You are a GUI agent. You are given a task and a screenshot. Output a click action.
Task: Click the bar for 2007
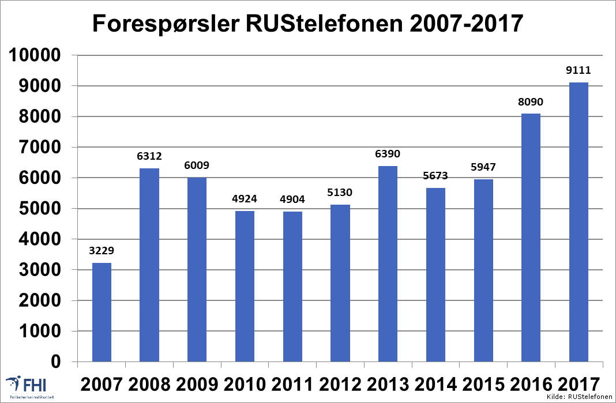click(102, 312)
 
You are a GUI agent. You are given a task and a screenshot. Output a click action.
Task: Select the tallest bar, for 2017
click(579, 222)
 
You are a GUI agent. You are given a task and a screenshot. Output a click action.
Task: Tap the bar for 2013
click(388, 264)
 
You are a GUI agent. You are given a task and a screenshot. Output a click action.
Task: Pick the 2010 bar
click(245, 287)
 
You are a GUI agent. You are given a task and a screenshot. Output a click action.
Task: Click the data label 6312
click(149, 157)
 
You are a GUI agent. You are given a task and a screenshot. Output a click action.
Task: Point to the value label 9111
click(579, 71)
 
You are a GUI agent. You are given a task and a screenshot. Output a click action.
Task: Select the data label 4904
click(292, 200)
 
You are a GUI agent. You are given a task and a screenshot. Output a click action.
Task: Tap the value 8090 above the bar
click(531, 102)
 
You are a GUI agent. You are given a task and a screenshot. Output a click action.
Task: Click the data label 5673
click(435, 176)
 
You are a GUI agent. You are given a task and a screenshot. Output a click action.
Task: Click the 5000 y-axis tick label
click(38, 209)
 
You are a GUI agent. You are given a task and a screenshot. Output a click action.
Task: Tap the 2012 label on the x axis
click(340, 383)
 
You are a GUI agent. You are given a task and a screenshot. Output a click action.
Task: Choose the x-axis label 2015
click(483, 383)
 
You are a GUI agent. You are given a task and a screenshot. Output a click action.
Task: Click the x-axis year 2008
click(149, 383)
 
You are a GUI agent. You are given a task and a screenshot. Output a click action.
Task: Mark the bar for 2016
click(531, 238)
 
